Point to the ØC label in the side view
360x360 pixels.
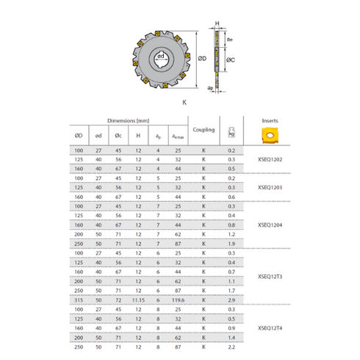pos(229,59)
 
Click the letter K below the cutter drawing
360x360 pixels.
pos(183,103)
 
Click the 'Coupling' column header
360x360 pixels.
pos(204,130)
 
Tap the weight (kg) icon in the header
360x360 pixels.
pos(233,130)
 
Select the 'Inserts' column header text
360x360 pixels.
pos(270,120)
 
